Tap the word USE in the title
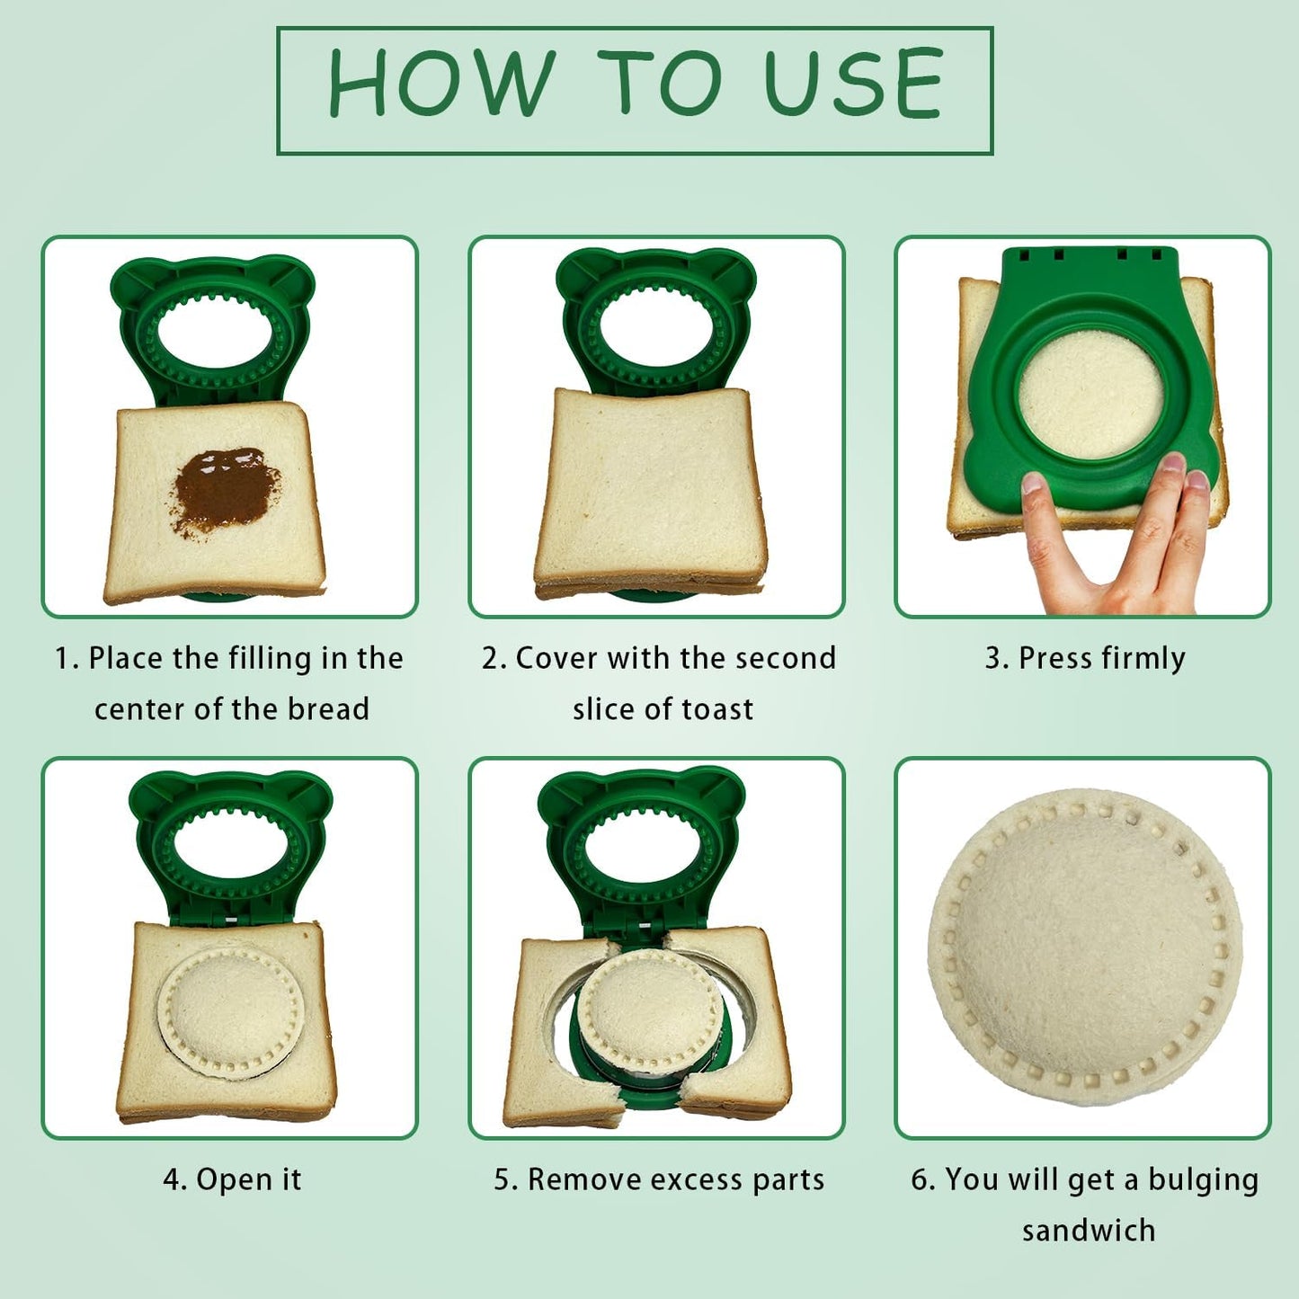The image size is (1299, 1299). coord(854,85)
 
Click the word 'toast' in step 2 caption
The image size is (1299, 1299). coord(717,710)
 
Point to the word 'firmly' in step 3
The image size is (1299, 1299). coord(1143,659)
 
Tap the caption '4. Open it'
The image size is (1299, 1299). coord(232,1179)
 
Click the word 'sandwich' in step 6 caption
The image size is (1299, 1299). coord(1088,1230)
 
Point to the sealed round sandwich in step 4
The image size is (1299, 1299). coord(231,1010)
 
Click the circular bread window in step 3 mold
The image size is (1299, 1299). coord(1090,396)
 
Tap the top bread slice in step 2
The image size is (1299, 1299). coord(651,485)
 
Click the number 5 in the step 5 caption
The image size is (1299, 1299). coord(502,1179)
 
